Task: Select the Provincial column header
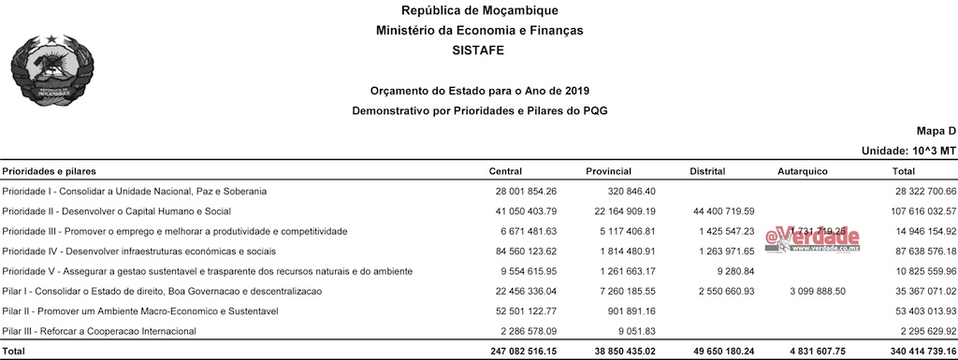608,172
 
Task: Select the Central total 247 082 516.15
516,352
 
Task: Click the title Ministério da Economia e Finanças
479,31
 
